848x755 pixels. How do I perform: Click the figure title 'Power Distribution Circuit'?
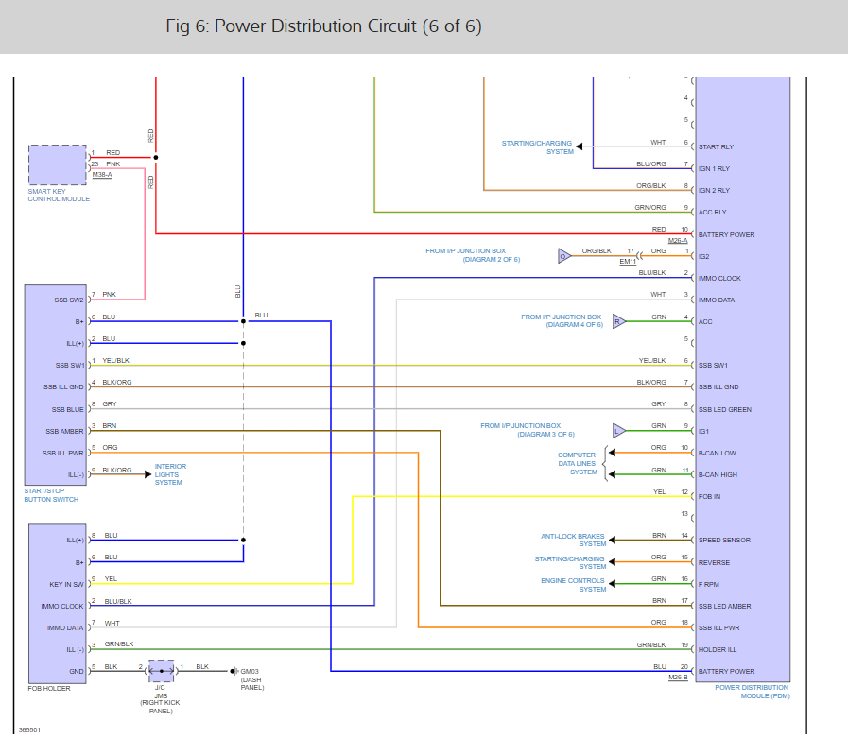click(x=323, y=26)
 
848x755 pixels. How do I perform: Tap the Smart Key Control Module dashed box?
click(x=57, y=164)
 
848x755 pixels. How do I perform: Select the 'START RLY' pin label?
click(x=716, y=146)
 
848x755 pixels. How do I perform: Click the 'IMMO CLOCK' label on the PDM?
click(x=719, y=278)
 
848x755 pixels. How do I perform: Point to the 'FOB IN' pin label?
click(x=709, y=496)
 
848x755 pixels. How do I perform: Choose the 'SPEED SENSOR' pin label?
click(x=724, y=541)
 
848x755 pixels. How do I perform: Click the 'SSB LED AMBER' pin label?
click(x=726, y=606)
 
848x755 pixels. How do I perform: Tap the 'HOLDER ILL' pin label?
click(x=718, y=649)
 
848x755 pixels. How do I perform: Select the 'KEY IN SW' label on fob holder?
click(x=67, y=584)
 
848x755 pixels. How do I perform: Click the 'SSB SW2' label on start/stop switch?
click(x=69, y=300)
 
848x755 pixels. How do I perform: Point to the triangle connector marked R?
click(x=619, y=321)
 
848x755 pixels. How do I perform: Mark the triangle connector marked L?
click(x=619, y=431)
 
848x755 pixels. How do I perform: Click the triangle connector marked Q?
click(x=564, y=255)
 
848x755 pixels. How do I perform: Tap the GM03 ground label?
click(x=250, y=671)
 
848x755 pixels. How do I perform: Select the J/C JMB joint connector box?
click(x=161, y=671)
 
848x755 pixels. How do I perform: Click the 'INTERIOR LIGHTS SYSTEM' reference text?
click(x=170, y=474)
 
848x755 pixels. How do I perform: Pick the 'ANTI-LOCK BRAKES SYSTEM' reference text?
click(x=573, y=540)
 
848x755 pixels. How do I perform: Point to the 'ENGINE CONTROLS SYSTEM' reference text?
click(x=573, y=584)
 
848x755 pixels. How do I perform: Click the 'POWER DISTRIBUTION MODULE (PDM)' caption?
click(x=752, y=692)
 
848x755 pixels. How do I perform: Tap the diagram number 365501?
click(x=28, y=730)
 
